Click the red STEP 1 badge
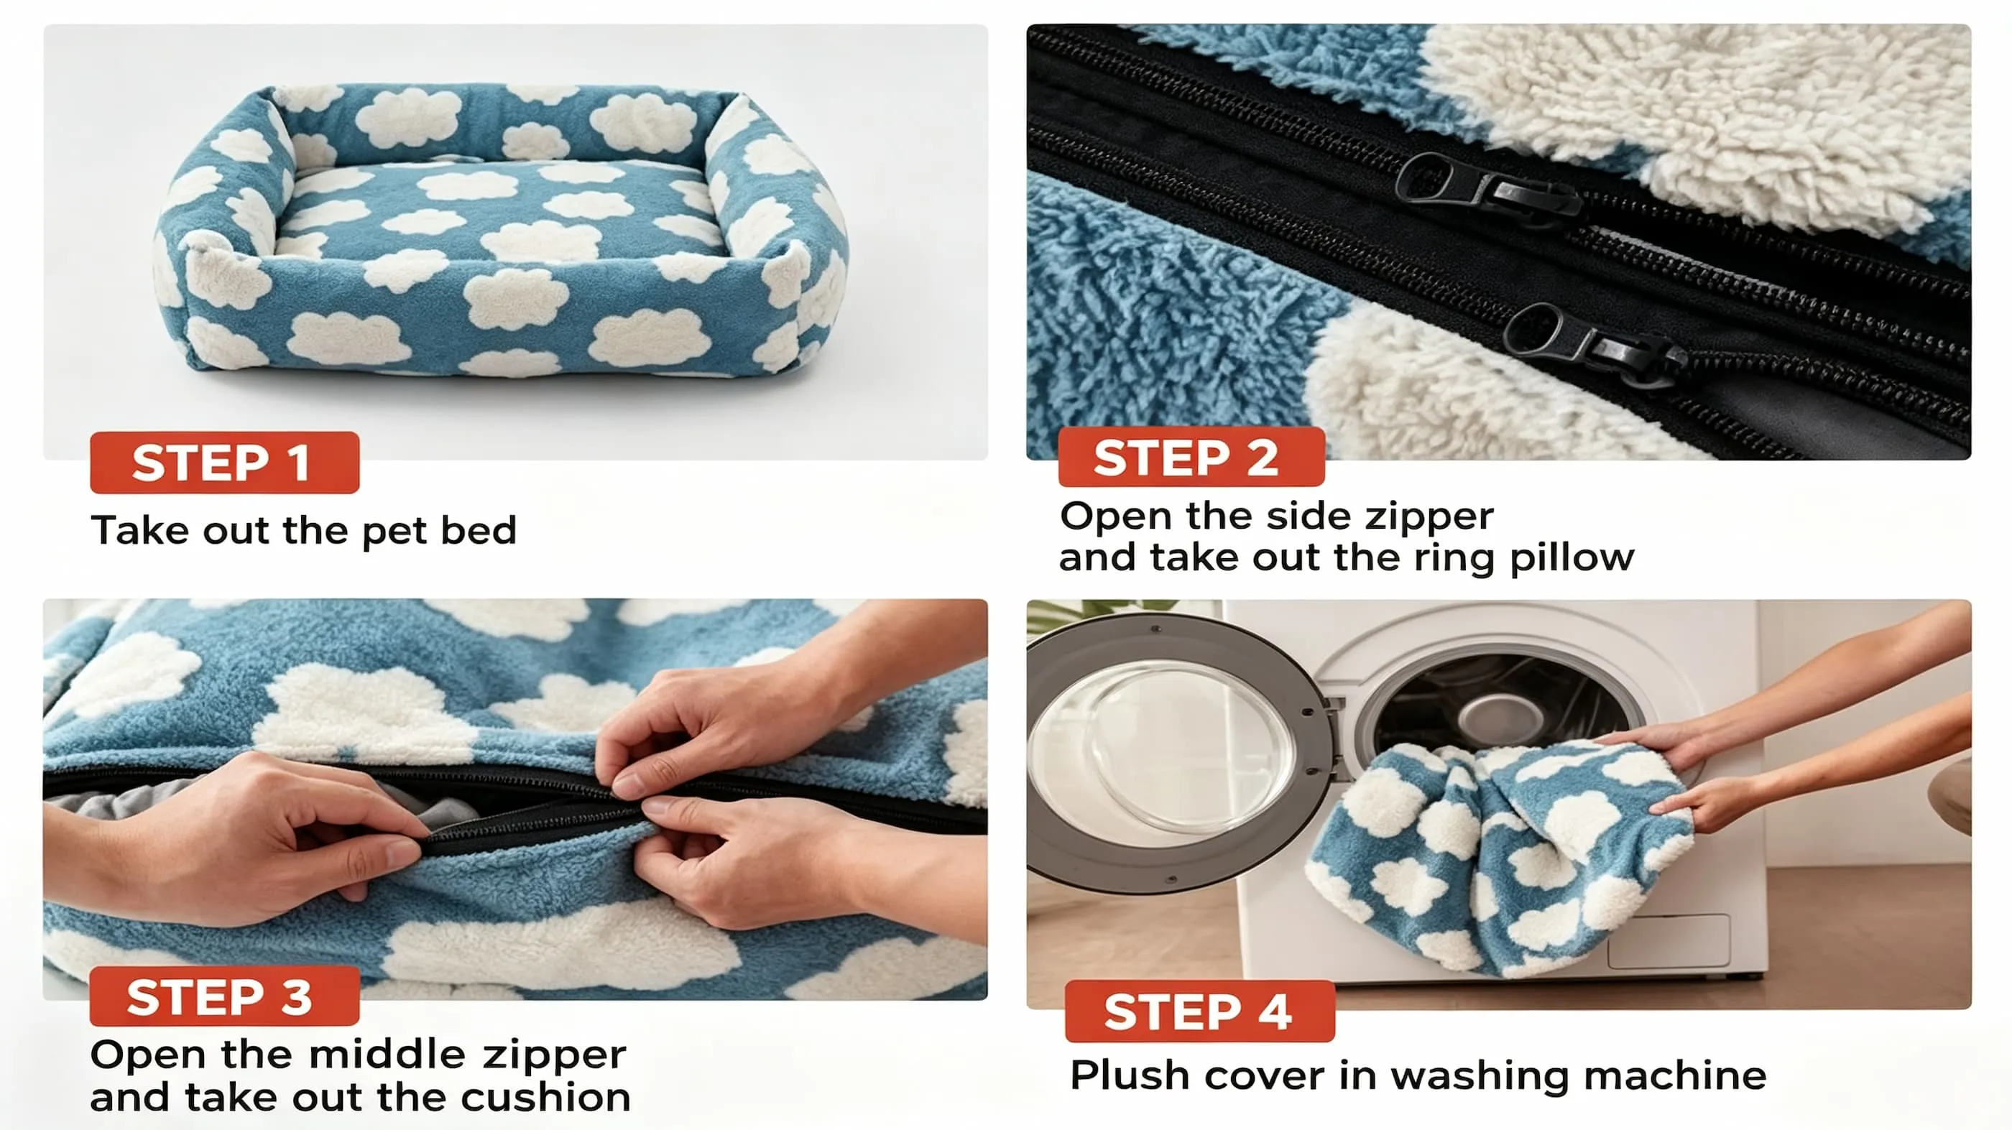click(225, 463)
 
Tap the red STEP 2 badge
click(1191, 457)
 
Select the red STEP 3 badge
click(225, 996)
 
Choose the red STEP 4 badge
click(1200, 1011)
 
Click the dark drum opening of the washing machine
click(1500, 707)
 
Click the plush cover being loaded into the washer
click(1500, 855)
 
